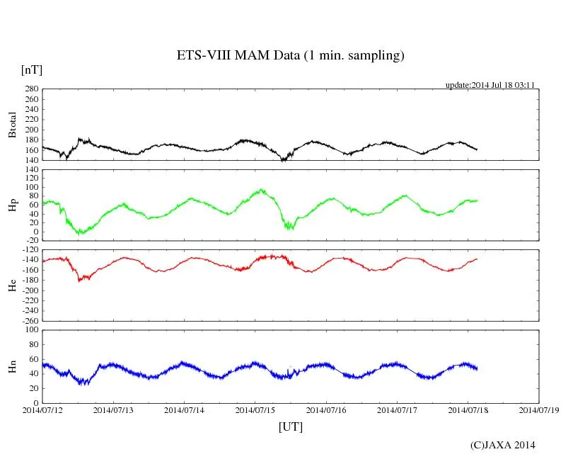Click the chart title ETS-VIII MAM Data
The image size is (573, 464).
(290, 56)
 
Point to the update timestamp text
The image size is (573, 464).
(490, 85)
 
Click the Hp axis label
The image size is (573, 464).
(12, 205)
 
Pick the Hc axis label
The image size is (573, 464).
(12, 285)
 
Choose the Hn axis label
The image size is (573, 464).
(12, 366)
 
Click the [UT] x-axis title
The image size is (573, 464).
(290, 426)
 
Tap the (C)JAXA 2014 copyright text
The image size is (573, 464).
(503, 445)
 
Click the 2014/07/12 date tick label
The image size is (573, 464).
(42, 409)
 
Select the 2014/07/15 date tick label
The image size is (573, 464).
(255, 409)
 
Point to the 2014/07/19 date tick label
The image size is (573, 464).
(538, 409)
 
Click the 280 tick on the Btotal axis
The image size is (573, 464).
(30, 89)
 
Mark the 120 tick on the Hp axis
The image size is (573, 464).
(30, 170)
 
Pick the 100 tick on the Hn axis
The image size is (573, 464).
(30, 330)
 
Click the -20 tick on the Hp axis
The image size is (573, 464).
(30, 240)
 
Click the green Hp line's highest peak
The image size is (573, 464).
(262, 189)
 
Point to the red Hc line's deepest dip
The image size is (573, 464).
(80, 281)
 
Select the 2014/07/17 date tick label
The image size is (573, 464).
(397, 409)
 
